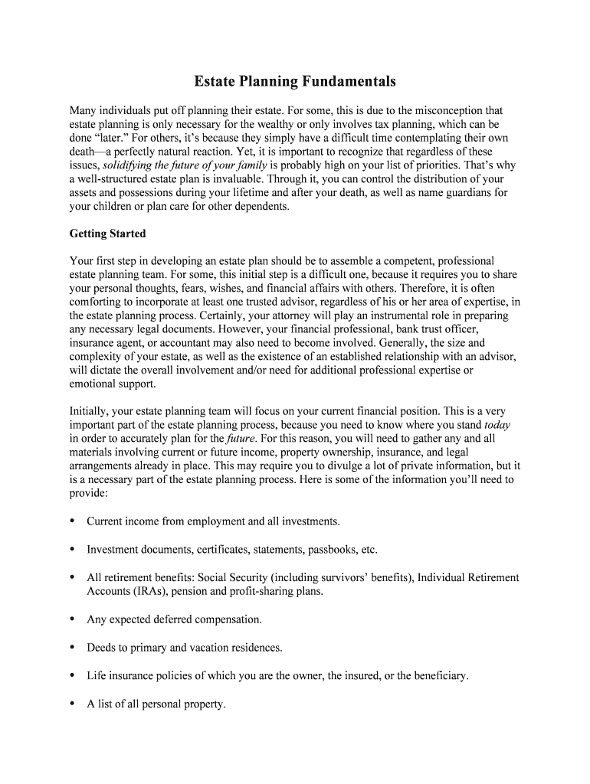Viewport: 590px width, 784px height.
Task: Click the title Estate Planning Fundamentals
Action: tap(294, 80)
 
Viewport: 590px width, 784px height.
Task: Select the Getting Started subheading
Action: tap(107, 234)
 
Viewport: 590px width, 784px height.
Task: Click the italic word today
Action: tap(497, 424)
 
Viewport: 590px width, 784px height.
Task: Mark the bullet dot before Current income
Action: tap(73, 521)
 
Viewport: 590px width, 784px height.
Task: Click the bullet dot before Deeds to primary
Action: tap(73, 647)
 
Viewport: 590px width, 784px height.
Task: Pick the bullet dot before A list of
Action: tap(73, 703)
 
